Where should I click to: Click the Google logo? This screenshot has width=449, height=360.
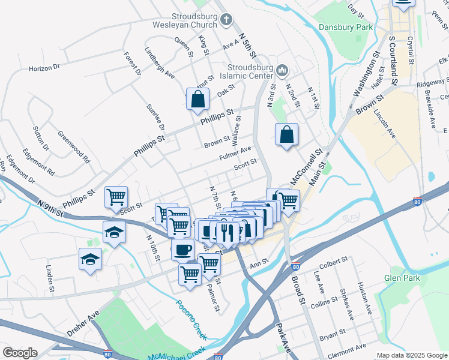pyautogui.click(x=19, y=353)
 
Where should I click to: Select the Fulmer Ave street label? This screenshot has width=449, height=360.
pyautogui.click(x=236, y=153)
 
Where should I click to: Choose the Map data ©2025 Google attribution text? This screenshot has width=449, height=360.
pyautogui.click(x=412, y=355)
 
